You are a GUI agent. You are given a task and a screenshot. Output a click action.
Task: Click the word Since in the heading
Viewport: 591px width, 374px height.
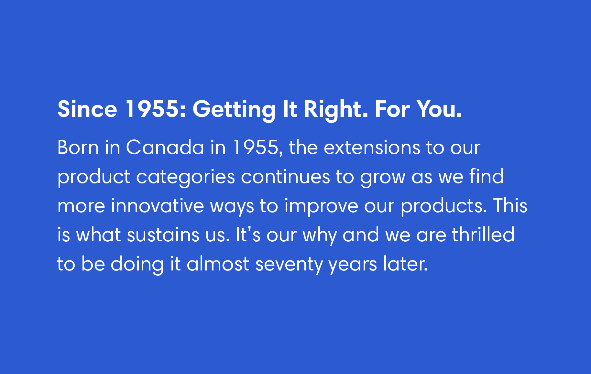(x=87, y=109)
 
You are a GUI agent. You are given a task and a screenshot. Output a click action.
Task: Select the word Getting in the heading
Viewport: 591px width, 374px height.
(x=234, y=110)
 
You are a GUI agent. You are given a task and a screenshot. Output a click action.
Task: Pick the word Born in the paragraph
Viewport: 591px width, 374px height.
(x=78, y=148)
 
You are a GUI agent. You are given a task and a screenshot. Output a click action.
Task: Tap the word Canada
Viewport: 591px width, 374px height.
(x=165, y=148)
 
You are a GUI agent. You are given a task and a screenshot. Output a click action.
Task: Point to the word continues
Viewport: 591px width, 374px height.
(x=285, y=177)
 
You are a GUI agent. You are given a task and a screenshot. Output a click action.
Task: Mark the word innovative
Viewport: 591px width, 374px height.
(x=157, y=206)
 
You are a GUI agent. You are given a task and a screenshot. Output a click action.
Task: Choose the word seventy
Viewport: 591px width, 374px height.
(x=289, y=266)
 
